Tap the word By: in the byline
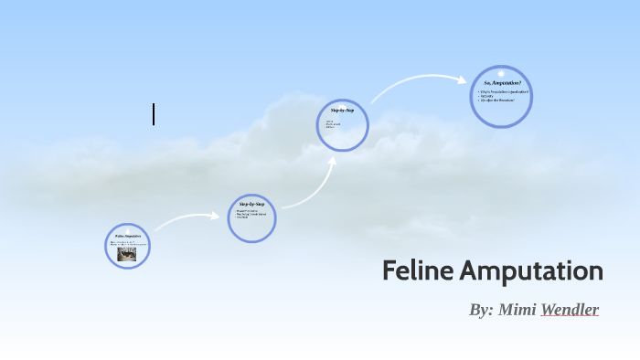[x=481, y=310]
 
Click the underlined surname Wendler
[x=570, y=310]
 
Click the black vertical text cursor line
[x=154, y=114]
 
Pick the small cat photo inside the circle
[x=128, y=254]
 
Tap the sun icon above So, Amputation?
[x=501, y=72]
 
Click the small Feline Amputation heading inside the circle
[x=127, y=236]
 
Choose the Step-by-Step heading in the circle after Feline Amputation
[x=251, y=203]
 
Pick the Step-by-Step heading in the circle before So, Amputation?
[x=343, y=110]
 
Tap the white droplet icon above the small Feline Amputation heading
[x=127, y=229]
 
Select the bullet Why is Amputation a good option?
[x=502, y=91]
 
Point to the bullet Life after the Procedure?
[x=499, y=101]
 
